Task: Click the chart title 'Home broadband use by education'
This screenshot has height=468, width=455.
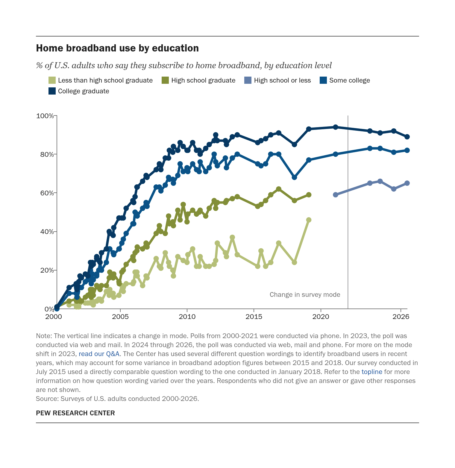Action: click(x=117, y=48)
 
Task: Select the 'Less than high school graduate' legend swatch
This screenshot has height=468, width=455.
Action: click(x=52, y=80)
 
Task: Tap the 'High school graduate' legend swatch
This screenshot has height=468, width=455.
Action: click(x=165, y=80)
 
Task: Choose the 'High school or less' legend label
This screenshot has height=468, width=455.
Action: click(x=282, y=80)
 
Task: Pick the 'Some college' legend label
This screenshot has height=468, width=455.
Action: click(x=350, y=80)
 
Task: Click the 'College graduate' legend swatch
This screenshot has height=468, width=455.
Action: click(x=52, y=91)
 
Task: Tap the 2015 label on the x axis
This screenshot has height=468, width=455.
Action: click(x=254, y=317)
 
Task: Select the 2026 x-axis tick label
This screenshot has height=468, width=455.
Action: click(x=401, y=317)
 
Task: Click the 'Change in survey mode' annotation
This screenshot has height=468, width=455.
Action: click(x=305, y=295)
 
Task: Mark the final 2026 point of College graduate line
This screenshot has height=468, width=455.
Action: click(x=407, y=137)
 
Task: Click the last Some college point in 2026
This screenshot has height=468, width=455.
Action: click(x=407, y=150)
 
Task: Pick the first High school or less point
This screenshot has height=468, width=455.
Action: click(x=336, y=195)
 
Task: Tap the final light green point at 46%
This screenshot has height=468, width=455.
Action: click(x=309, y=220)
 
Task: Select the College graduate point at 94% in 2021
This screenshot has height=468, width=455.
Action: click(x=336, y=127)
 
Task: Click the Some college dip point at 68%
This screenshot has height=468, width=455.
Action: click(x=294, y=177)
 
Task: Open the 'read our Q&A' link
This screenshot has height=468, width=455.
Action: click(x=99, y=354)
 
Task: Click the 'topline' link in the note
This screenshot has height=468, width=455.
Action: click(x=372, y=372)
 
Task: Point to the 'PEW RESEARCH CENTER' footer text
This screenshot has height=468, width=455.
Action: click(x=75, y=413)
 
